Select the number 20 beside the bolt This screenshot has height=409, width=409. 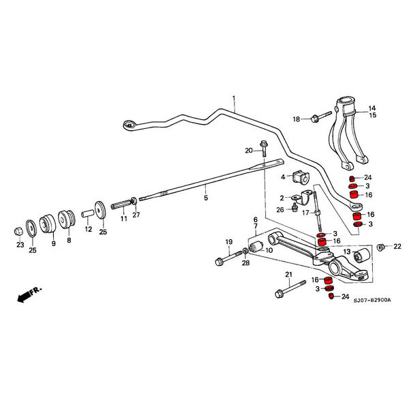coord(249,150)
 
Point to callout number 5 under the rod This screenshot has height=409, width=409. coord(205,198)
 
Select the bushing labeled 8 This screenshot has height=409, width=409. coord(67,219)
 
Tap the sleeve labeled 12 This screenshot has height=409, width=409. coord(87,213)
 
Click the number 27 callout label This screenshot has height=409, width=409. coord(136,215)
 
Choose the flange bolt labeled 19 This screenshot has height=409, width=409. coord(223,260)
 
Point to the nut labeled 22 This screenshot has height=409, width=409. coord(382,246)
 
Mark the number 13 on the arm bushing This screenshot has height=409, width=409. coord(346,252)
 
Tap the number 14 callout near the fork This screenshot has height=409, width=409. coord(372,108)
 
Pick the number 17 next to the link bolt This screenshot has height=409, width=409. coord(305,213)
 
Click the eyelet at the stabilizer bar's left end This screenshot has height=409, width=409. coord(127,124)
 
